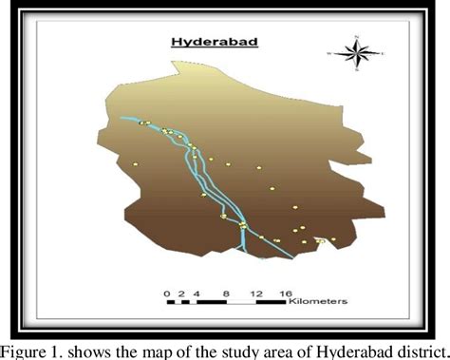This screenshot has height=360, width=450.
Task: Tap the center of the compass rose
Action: (x=356, y=52)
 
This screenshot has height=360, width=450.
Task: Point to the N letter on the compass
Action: (x=356, y=35)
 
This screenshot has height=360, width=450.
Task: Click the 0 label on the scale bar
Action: (x=167, y=291)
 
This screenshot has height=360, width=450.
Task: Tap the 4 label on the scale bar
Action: (x=197, y=291)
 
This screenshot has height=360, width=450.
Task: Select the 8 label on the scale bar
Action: (x=226, y=291)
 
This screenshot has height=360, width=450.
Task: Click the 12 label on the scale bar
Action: (x=255, y=291)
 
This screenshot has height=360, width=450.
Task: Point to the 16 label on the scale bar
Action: (x=285, y=291)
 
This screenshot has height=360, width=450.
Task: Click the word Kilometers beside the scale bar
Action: (x=319, y=301)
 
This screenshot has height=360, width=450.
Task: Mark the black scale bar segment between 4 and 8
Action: (x=211, y=302)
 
